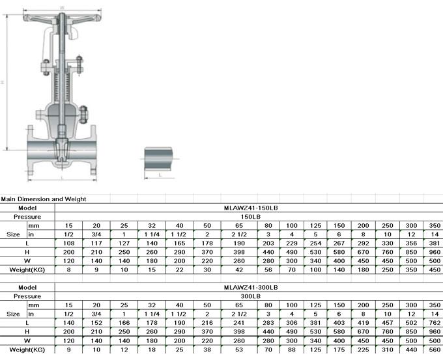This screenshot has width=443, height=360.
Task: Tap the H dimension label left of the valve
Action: (4, 83)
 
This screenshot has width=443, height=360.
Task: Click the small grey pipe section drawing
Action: (159, 158)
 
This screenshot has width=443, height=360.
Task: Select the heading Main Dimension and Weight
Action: (43, 199)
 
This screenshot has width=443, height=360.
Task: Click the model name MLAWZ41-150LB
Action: (251, 207)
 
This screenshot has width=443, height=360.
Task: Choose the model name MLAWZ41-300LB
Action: (251, 286)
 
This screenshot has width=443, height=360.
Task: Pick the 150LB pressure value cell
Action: (251, 215)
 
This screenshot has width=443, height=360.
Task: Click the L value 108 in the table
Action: (70, 242)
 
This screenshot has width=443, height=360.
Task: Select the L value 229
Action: (293, 242)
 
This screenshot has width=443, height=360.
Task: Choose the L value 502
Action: (410, 322)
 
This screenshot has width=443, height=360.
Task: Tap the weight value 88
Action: (293, 349)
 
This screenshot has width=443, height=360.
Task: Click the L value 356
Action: (410, 242)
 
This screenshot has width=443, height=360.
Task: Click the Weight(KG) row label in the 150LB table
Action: (27, 269)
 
